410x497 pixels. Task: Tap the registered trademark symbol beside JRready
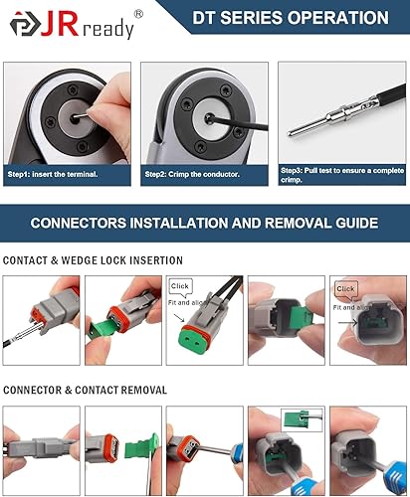coord(137,13)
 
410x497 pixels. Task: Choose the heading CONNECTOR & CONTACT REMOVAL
coord(86,389)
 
